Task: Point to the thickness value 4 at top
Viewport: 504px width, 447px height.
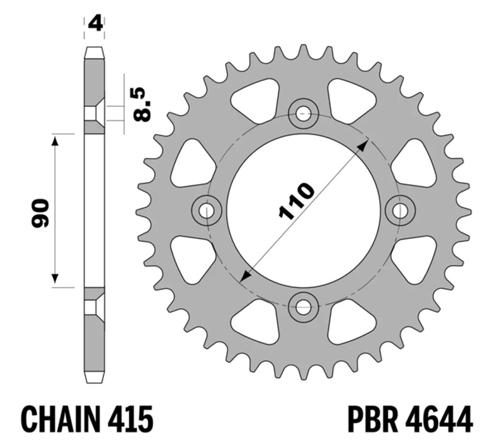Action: pos(94,24)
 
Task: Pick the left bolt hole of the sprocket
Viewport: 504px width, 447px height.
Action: pos(207,211)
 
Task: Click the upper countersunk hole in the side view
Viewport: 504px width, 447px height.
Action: pos(94,113)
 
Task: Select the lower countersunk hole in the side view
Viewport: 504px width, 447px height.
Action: pos(94,308)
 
